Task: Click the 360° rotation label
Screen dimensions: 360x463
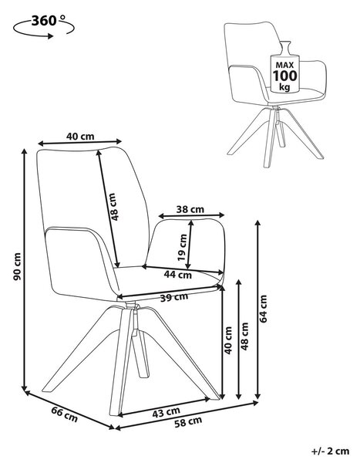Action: point(49,21)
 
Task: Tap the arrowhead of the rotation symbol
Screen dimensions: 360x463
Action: point(51,36)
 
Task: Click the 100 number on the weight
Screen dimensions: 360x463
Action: point(284,76)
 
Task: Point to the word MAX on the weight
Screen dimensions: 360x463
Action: point(284,65)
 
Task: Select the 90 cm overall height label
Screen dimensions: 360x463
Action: point(18,267)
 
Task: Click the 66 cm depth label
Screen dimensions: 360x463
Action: point(65,414)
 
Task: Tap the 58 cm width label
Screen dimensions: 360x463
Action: point(188,422)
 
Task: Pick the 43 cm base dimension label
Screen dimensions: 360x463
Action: point(167,413)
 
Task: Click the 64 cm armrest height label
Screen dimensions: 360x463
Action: point(263,309)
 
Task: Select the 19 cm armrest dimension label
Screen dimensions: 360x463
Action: point(183,247)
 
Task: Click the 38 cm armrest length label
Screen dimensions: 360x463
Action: point(190,209)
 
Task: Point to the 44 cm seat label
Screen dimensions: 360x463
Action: point(178,275)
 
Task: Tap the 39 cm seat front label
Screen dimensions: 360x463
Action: point(174,297)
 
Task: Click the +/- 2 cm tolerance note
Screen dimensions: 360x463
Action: point(331,451)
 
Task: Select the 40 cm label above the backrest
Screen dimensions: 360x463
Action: point(80,137)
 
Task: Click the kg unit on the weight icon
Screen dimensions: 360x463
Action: point(284,87)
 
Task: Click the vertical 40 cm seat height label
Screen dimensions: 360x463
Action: point(229,340)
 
